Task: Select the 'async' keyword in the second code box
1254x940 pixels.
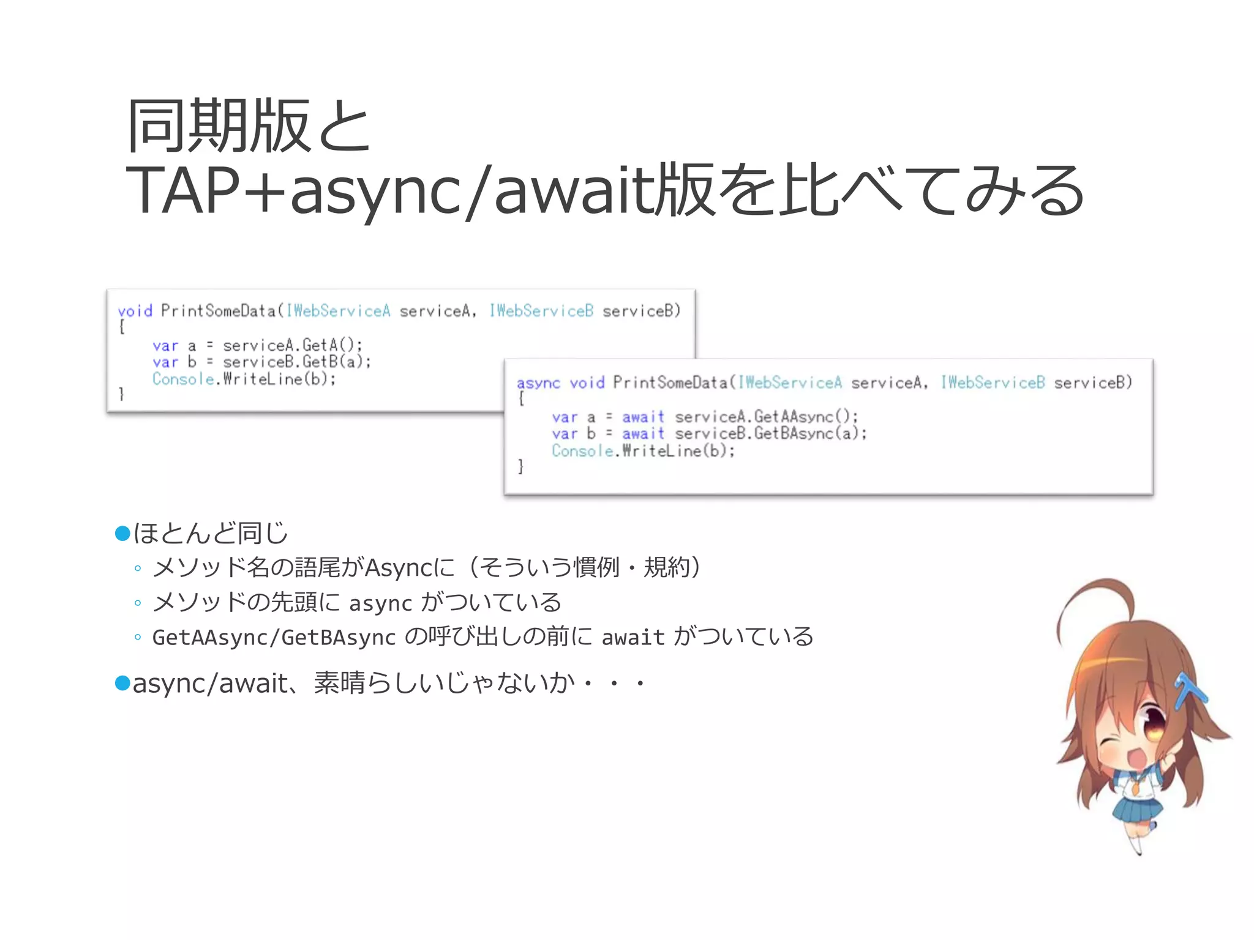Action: [538, 384]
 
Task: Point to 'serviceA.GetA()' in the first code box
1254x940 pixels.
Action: [292, 345]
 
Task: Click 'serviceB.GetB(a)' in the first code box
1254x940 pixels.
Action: [296, 362]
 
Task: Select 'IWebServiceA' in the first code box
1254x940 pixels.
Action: [338, 311]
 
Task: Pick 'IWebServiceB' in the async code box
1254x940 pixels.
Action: [993, 383]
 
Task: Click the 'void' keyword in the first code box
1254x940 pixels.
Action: [135, 311]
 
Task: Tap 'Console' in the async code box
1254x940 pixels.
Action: [582, 451]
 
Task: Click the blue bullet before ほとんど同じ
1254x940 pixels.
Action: [123, 534]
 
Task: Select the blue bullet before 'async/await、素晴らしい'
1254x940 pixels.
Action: [123, 683]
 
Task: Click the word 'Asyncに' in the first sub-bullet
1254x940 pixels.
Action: [409, 568]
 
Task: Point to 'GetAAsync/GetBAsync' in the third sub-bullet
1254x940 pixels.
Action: [274, 638]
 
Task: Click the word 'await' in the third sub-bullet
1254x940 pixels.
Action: [633, 638]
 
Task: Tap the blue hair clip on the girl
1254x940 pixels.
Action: [1188, 692]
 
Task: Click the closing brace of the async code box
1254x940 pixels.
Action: [520, 467]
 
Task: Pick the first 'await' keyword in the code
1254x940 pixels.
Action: [643, 417]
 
